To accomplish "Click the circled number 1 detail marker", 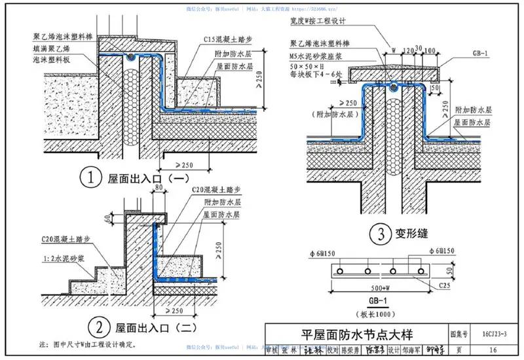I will click(x=90, y=175).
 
